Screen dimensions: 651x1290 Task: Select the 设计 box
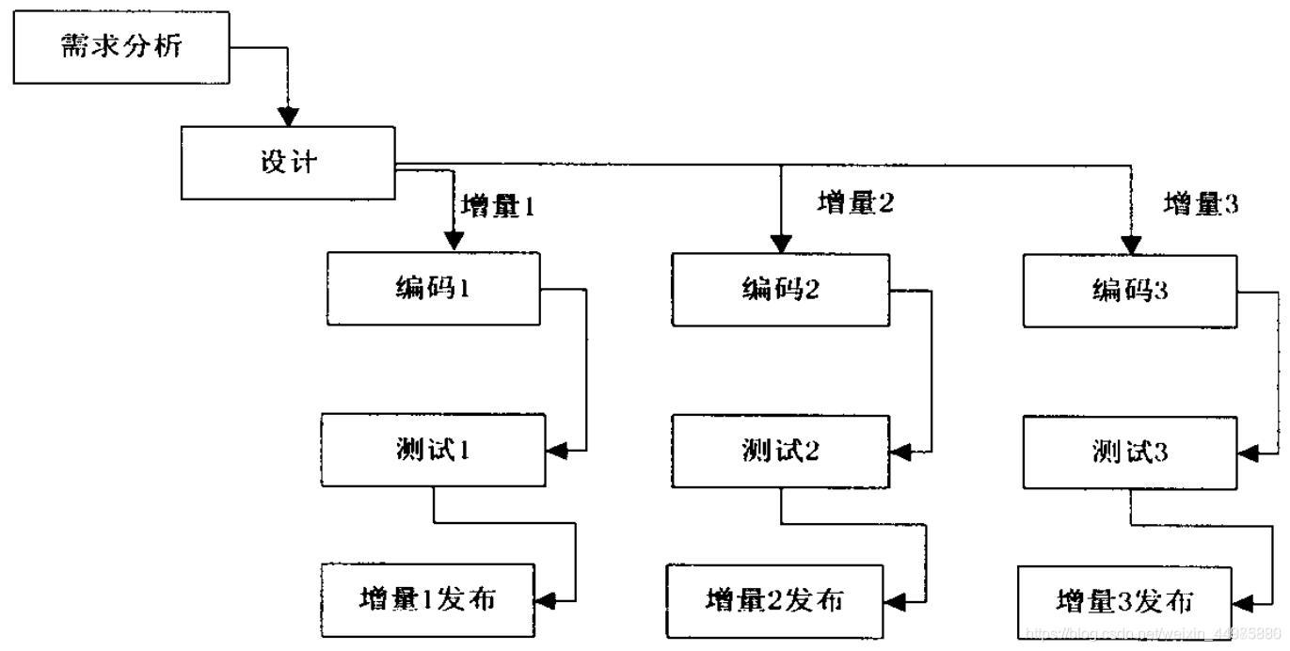pyautogui.click(x=289, y=162)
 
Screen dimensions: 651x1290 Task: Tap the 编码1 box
pyautogui.click(x=433, y=288)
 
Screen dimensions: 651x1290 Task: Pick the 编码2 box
pyautogui.click(x=780, y=288)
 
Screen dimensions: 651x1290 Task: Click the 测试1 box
pyautogui.click(x=433, y=451)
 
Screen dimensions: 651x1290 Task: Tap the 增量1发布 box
pyautogui.click(x=427, y=599)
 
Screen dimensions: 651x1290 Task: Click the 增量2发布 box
pyautogui.click(x=774, y=600)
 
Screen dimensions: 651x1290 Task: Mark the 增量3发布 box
pyautogui.click(x=1125, y=601)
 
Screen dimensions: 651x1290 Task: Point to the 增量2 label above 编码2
pyautogui.click(x=854, y=203)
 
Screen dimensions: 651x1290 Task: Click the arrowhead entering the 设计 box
pyautogui.click(x=289, y=117)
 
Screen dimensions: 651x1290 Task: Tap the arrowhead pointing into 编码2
pyautogui.click(x=780, y=244)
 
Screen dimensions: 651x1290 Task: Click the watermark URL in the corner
pyautogui.click(x=1155, y=634)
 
